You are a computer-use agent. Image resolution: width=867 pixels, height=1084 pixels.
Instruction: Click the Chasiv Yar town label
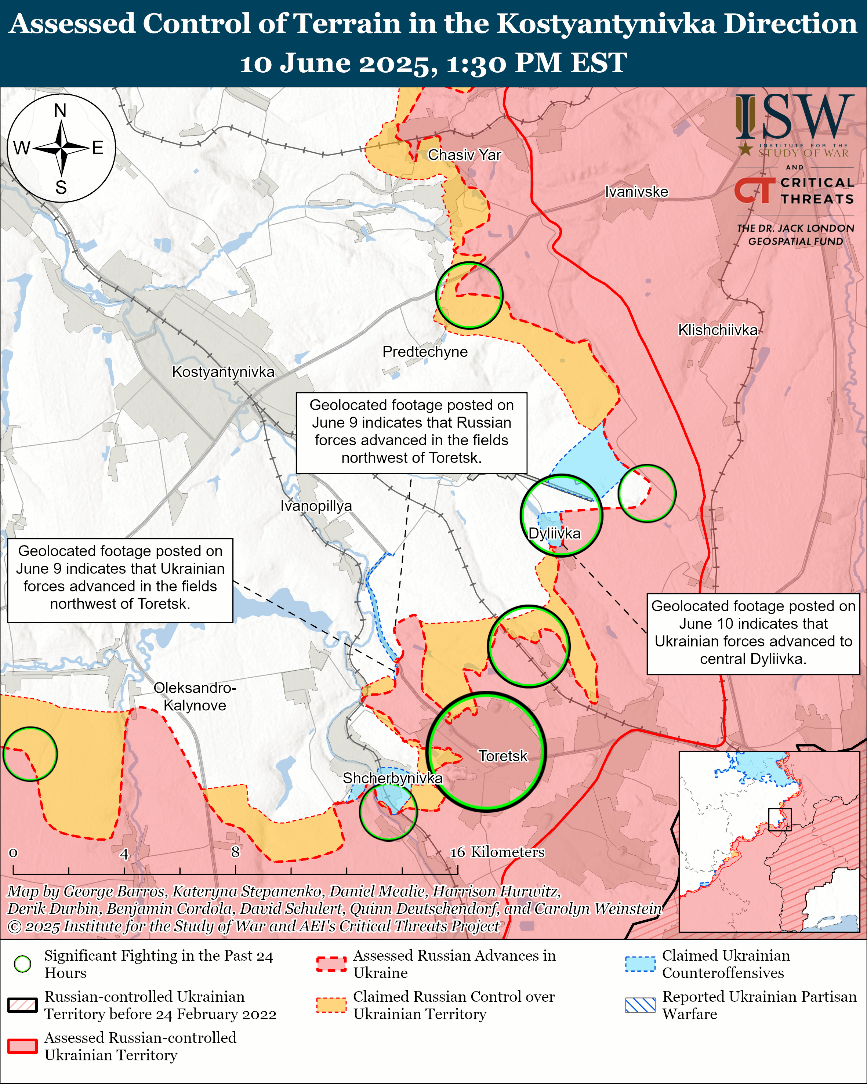click(x=464, y=155)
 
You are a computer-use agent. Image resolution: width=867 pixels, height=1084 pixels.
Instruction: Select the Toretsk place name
click(x=503, y=756)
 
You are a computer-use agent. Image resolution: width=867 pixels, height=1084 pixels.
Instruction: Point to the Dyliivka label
click(x=554, y=533)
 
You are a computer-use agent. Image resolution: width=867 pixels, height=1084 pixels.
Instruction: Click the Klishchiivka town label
click(x=717, y=330)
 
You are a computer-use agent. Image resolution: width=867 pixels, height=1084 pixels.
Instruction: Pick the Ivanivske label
click(x=636, y=192)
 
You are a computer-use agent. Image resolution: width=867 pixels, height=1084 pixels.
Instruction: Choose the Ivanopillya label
click(x=316, y=505)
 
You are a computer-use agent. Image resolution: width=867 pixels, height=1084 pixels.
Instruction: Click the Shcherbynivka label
click(x=392, y=778)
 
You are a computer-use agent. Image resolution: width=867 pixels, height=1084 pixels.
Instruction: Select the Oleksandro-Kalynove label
click(x=195, y=696)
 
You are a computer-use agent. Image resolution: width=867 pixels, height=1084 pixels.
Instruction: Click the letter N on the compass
click(x=60, y=110)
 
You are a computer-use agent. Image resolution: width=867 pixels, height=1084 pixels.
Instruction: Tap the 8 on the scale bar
click(x=235, y=852)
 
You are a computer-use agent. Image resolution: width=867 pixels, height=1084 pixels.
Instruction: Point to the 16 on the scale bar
click(x=457, y=852)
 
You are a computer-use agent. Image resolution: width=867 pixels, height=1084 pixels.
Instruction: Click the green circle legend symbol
click(x=23, y=964)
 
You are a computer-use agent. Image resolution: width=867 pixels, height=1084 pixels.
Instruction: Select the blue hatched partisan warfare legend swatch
click(x=640, y=1005)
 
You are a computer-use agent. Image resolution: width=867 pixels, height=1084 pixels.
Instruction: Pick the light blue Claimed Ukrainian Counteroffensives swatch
click(x=640, y=964)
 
